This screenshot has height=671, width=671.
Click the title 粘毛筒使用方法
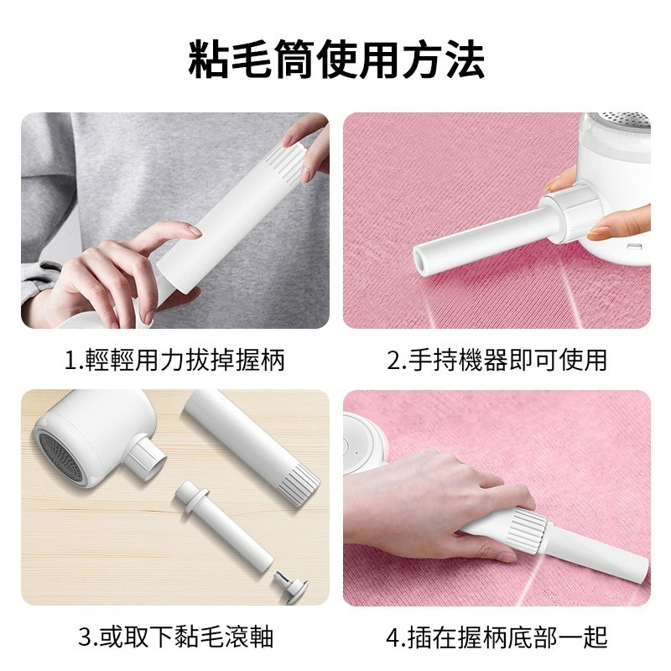(335, 60)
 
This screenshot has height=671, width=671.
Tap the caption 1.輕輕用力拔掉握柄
(174, 361)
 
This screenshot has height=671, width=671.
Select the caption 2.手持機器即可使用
(497, 361)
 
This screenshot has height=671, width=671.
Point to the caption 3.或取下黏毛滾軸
(175, 637)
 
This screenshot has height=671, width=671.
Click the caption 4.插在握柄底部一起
(497, 637)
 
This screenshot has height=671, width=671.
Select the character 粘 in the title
(209, 60)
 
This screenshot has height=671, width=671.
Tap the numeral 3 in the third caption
(85, 637)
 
